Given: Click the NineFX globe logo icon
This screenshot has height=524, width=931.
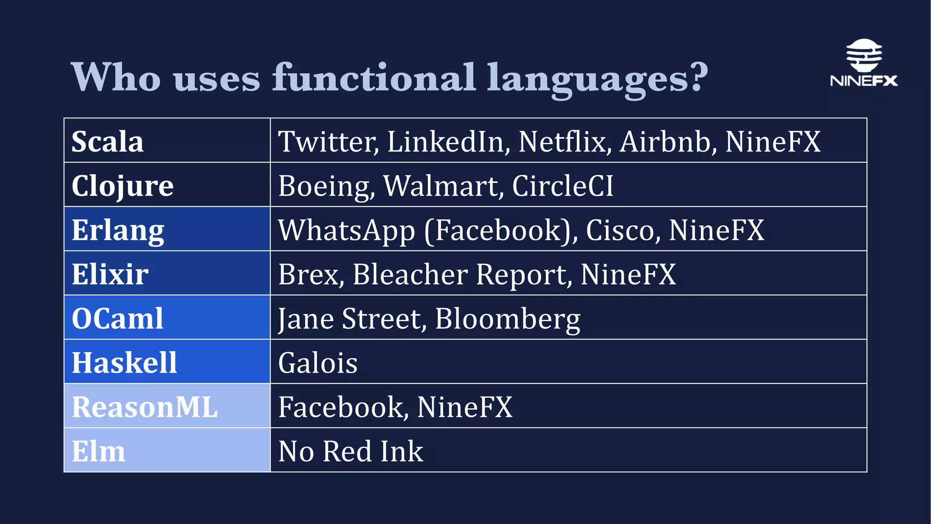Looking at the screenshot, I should coord(864,55).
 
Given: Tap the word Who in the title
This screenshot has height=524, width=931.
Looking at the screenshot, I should coord(116,77).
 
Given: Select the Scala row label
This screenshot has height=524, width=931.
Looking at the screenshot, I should coord(108,141).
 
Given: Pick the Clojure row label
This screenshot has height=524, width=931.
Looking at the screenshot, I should coord(122,186).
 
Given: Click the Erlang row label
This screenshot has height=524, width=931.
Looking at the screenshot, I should coord(118,230).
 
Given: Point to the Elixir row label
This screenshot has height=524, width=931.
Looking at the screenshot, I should coord(110,274).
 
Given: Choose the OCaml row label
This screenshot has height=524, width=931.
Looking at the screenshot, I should coord(117,318).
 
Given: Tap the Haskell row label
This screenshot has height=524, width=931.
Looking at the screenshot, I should coord(124,363).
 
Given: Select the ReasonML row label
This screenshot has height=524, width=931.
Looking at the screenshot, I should coord(145,407).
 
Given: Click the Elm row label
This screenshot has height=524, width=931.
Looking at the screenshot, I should coord(98,451).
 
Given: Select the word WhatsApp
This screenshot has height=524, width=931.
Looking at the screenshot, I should coord(347,230).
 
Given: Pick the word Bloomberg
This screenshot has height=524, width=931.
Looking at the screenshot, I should coord(507,318).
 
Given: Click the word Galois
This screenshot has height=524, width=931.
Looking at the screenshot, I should coord(318,363).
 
